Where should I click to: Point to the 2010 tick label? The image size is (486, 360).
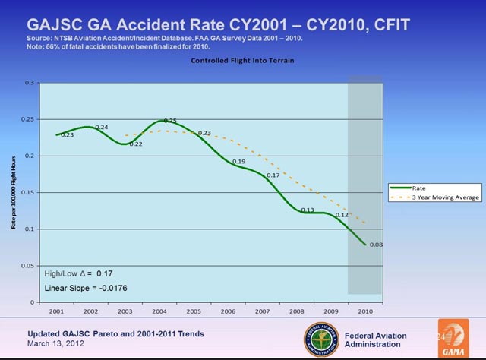pyautogui.click(x=364, y=312)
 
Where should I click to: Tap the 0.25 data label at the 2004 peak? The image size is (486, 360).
pyautogui.click(x=170, y=122)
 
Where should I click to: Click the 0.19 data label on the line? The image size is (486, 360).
pyautogui.click(x=238, y=162)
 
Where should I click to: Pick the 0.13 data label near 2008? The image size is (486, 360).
pyautogui.click(x=307, y=210)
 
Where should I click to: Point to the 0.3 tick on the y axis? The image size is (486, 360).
pyautogui.click(x=29, y=82)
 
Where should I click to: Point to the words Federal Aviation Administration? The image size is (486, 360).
pyautogui.click(x=375, y=339)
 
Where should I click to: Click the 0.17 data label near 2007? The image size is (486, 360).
pyautogui.click(x=273, y=175)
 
